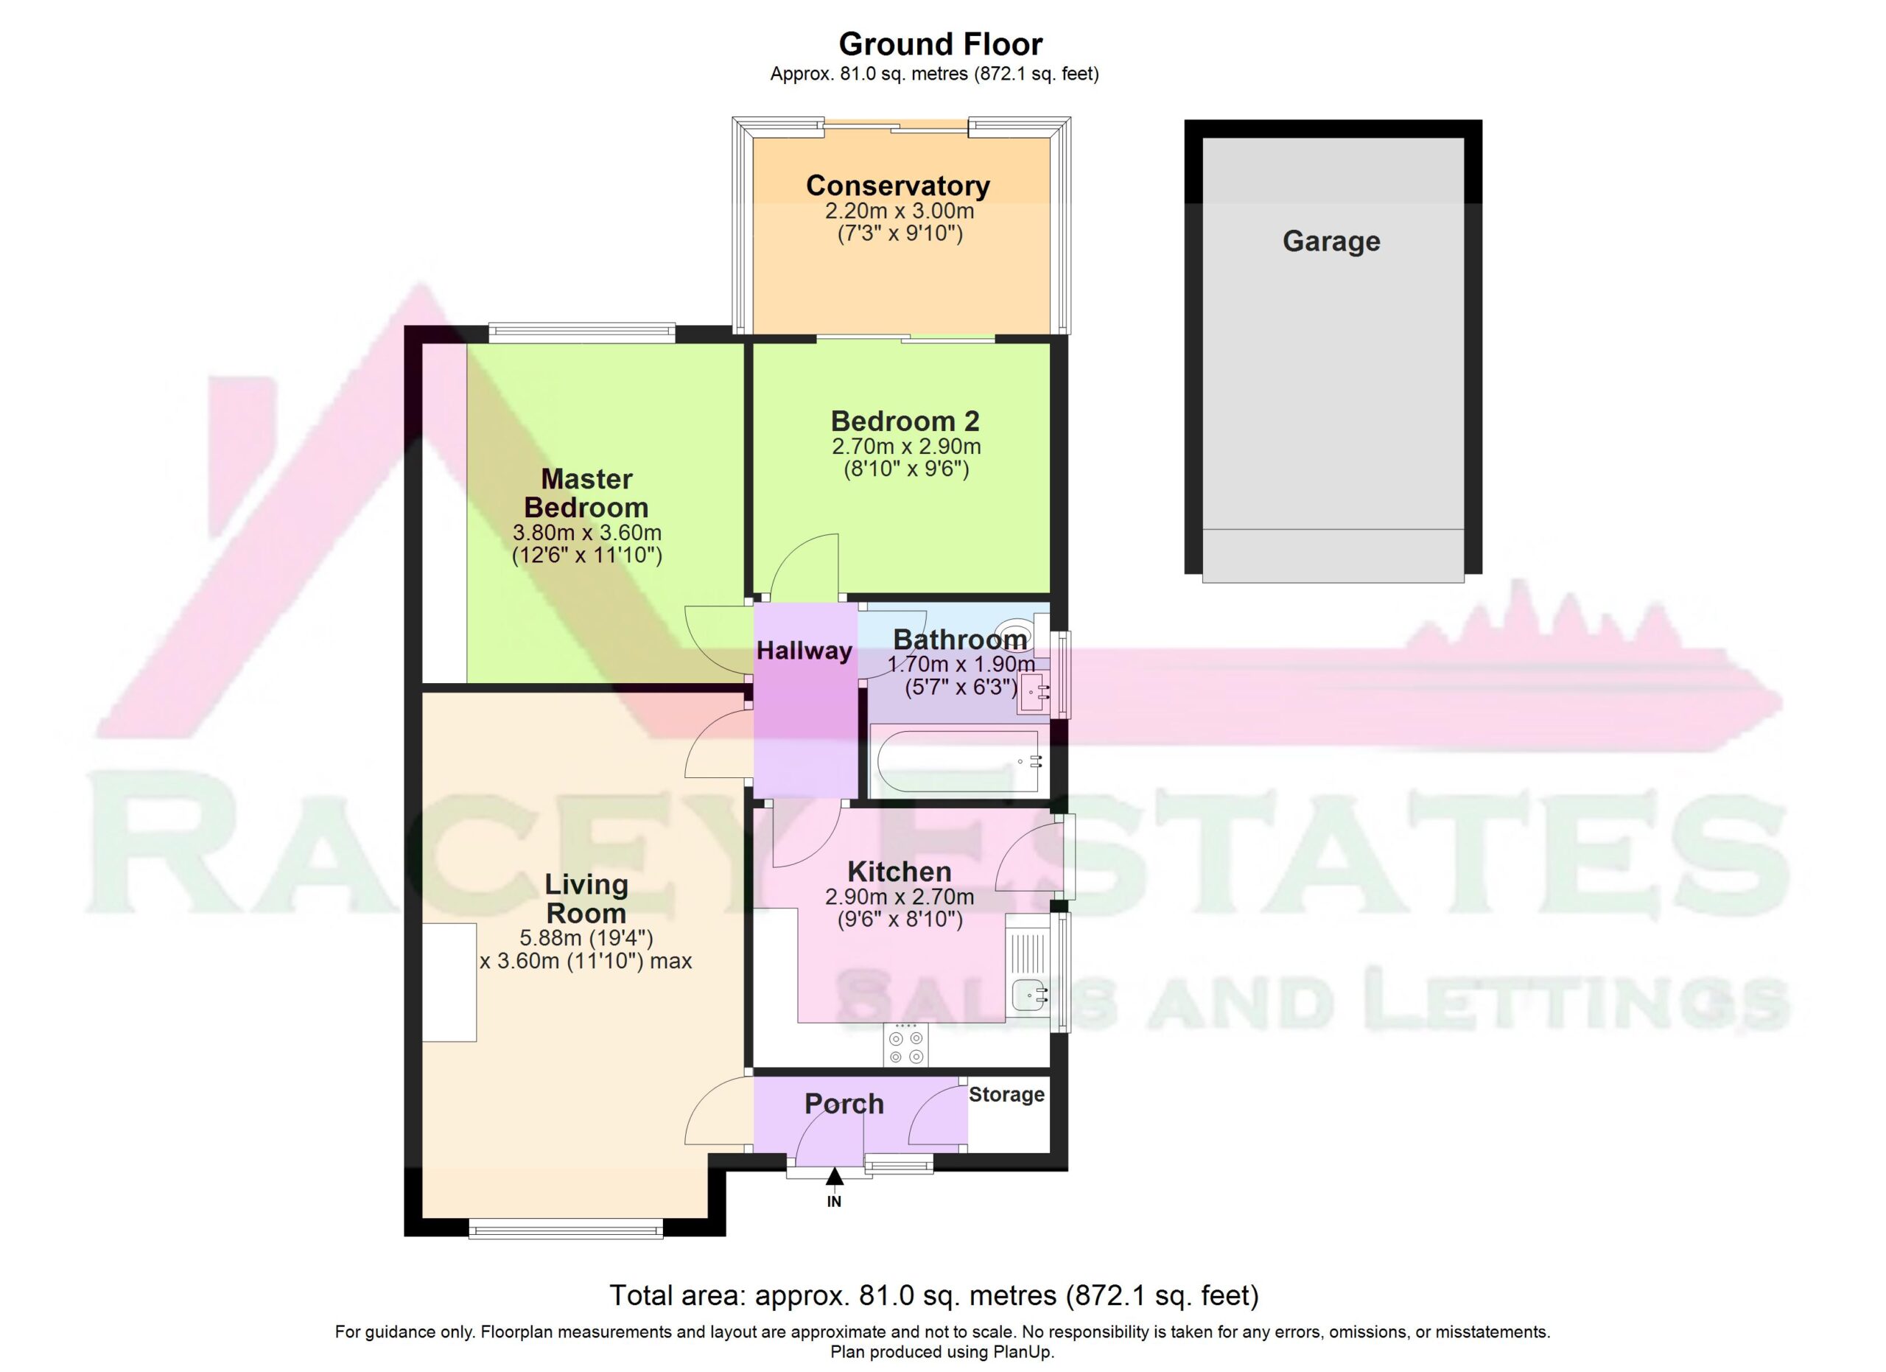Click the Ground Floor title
tap(941, 44)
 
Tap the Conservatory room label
tap(898, 186)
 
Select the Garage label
tap(1331, 241)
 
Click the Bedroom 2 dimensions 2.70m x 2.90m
tap(906, 447)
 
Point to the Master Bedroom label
tap(586, 493)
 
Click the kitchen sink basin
tap(1028, 994)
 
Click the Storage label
tap(1006, 1094)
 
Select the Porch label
tap(844, 1105)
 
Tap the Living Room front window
tap(566, 1229)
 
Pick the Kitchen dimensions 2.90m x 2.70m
tap(900, 897)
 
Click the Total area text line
tap(934, 1295)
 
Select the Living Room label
tap(586, 899)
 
